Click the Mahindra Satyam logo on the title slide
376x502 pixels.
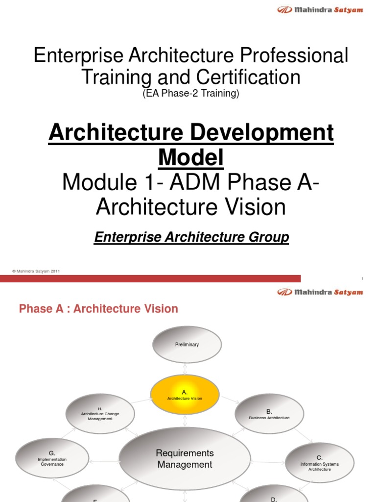(320, 10)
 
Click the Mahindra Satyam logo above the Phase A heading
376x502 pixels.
(320, 292)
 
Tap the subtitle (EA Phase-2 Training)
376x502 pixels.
(190, 94)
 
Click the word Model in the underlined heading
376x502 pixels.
(191, 157)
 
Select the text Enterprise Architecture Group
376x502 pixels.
(191, 238)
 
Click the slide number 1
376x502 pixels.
(362, 279)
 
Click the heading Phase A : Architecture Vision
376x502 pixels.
(98, 309)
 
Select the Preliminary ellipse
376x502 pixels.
(187, 345)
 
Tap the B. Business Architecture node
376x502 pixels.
(269, 414)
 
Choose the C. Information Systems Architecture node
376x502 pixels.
(319, 463)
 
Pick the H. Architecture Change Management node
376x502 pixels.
(100, 413)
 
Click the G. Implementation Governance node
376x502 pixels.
(51, 458)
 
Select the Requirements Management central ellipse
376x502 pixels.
(185, 458)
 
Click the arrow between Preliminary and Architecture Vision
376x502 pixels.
(185, 369)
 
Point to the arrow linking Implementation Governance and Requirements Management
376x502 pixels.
(103, 461)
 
